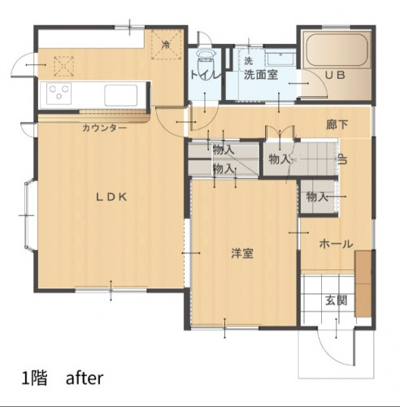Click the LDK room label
(x=111, y=197)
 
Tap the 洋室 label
(x=242, y=253)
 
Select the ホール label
(x=336, y=244)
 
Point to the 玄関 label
(x=337, y=300)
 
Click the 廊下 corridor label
(x=337, y=125)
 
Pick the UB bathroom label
(x=335, y=75)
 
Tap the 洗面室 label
(x=261, y=75)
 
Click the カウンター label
(x=104, y=128)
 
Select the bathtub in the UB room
(x=337, y=50)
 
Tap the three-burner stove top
(x=59, y=94)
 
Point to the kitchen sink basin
(x=121, y=95)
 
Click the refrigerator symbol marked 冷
(x=166, y=45)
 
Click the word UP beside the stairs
(x=342, y=159)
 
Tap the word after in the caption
(x=85, y=378)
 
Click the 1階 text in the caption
(x=35, y=379)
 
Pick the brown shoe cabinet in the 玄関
(x=363, y=283)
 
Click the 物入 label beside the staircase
(x=279, y=159)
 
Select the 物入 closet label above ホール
(x=317, y=196)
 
